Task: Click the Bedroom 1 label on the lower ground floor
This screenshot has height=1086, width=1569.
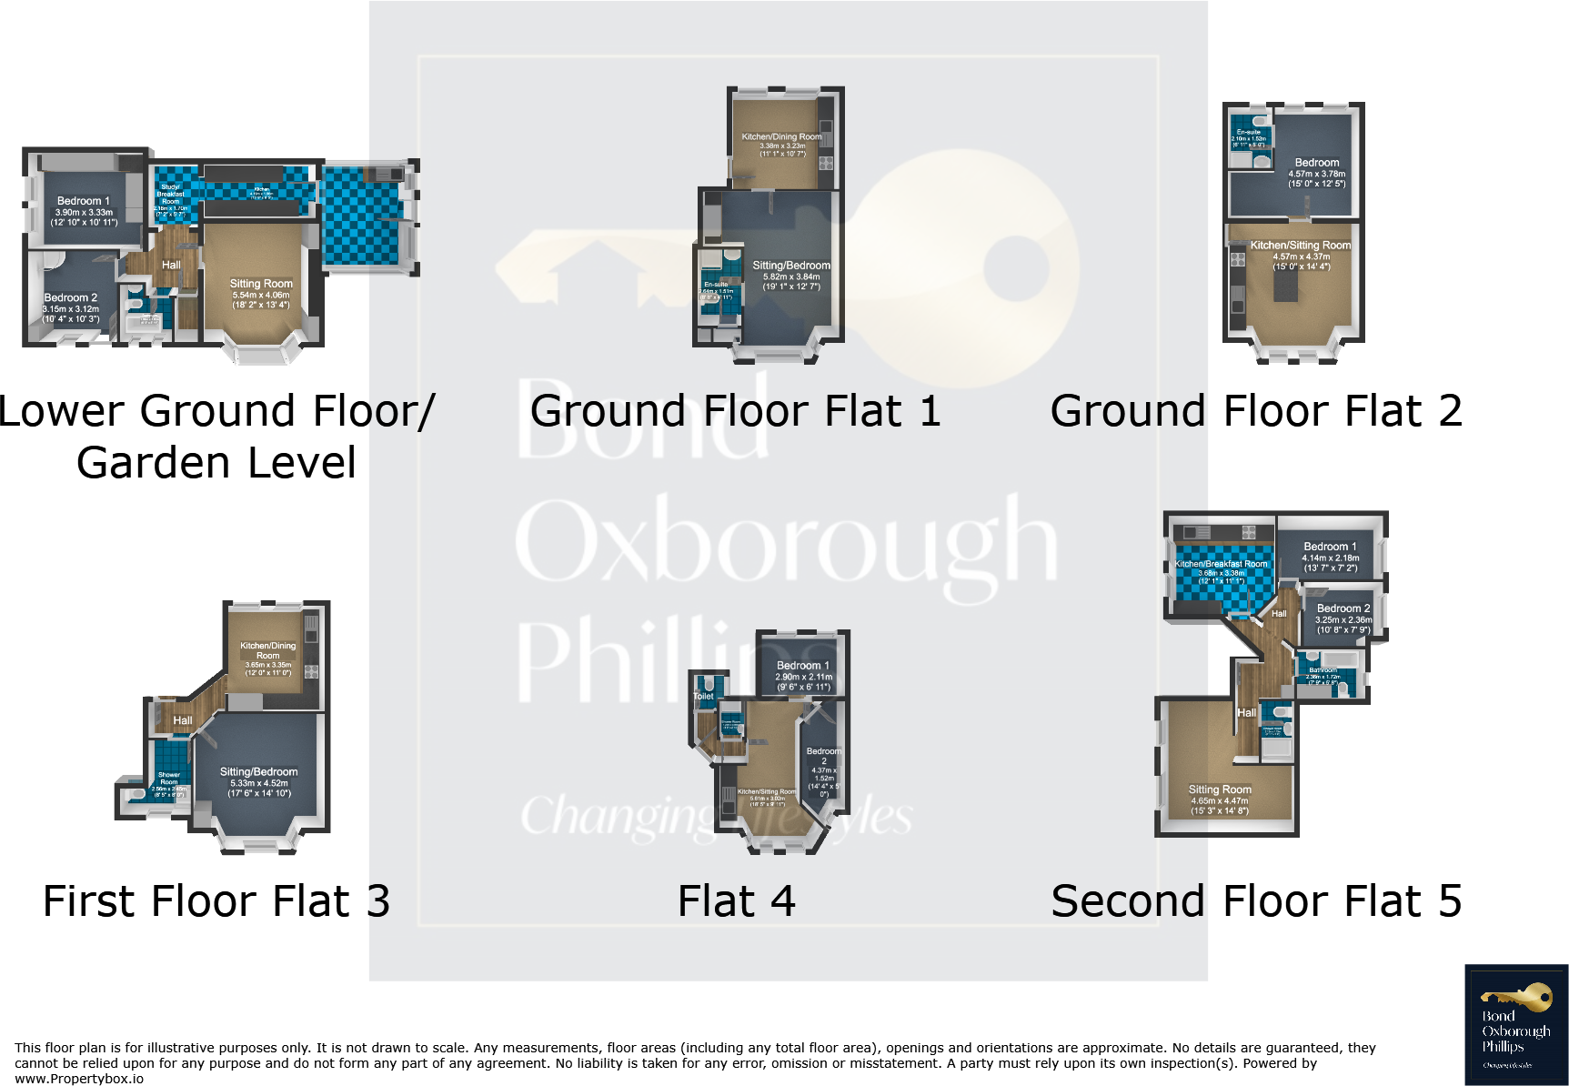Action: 83,201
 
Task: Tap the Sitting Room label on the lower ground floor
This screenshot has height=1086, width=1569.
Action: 261,284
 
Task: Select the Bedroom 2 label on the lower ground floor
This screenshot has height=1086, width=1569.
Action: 70,297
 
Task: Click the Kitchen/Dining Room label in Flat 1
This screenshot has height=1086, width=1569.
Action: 781,137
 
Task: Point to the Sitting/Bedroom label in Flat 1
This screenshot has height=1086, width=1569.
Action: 791,266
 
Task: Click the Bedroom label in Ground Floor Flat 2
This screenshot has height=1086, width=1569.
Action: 1316,163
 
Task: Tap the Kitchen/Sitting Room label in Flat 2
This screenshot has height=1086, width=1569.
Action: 1300,246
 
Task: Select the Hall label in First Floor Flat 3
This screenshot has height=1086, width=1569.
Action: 183,720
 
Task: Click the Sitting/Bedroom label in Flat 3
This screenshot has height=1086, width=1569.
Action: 258,772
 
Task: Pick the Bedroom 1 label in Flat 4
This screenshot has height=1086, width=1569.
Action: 802,666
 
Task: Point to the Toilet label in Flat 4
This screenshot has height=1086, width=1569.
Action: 704,697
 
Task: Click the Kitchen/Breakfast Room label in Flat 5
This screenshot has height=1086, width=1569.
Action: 1221,564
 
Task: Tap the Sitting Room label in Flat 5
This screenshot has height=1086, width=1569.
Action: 1220,789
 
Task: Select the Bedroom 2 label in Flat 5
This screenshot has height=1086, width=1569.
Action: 1343,608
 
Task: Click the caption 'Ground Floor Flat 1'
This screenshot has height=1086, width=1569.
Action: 735,411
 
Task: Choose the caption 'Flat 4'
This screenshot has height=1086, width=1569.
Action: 737,901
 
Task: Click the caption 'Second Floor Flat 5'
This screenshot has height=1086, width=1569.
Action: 1256,901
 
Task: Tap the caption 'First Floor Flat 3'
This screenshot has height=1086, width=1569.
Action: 216,901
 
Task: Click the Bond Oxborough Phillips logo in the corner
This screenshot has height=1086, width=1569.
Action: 1516,1024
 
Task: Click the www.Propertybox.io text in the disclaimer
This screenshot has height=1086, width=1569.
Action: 79,1079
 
